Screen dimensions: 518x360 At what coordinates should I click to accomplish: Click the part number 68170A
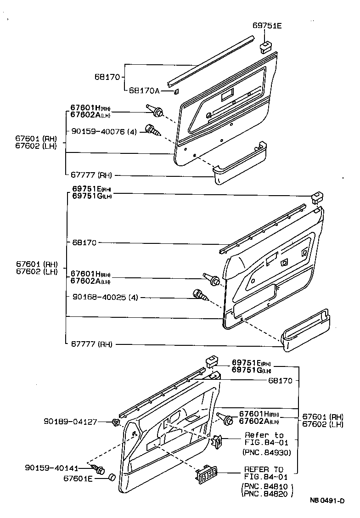tap(144, 90)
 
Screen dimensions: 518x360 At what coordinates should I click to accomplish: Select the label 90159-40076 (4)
tap(104, 131)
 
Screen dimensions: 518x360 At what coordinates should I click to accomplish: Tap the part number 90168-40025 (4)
tap(105, 298)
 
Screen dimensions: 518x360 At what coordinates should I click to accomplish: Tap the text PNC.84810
tap(266, 486)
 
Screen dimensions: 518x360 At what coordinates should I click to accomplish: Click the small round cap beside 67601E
tap(111, 478)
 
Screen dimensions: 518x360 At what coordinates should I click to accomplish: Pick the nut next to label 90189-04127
tap(116, 421)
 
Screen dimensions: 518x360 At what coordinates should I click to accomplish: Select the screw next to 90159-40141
tap(98, 469)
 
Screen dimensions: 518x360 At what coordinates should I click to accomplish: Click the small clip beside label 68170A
tap(176, 92)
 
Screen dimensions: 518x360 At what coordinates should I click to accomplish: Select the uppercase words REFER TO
tap(264, 469)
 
